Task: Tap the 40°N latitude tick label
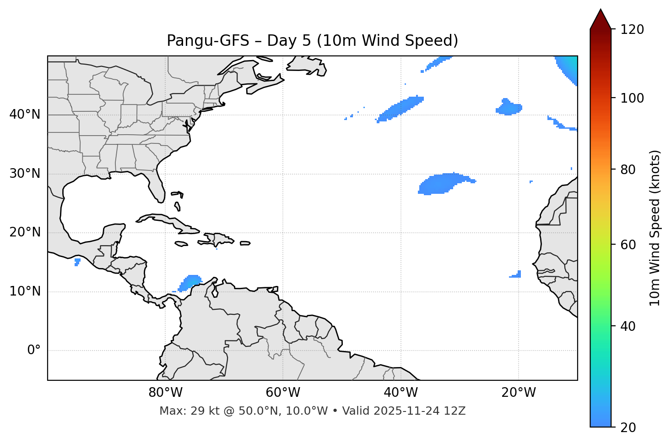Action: click(x=25, y=115)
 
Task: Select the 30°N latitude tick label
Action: click(x=25, y=174)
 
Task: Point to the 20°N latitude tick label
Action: click(x=25, y=232)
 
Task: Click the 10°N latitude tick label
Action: click(x=25, y=291)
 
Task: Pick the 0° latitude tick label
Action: click(x=33, y=351)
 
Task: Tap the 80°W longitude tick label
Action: click(x=165, y=393)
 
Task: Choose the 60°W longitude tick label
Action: click(x=283, y=393)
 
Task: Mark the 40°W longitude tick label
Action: click(x=400, y=393)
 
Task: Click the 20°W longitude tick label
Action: click(x=518, y=393)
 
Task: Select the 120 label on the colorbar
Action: click(x=632, y=30)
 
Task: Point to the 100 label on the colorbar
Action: click(x=632, y=98)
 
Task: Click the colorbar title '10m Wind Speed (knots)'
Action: click(x=655, y=228)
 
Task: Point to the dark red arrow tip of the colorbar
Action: click(x=601, y=18)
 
